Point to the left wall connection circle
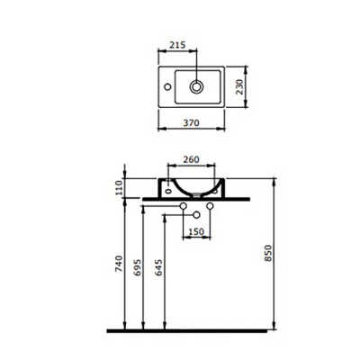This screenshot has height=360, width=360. tap(184, 211)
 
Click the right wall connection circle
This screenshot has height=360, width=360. tap(209, 211)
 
